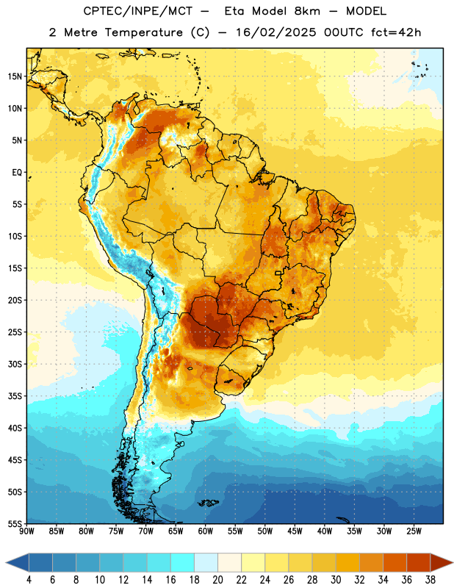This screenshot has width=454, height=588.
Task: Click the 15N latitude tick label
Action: click(15, 76)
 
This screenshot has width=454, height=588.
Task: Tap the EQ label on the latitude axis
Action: click(17, 173)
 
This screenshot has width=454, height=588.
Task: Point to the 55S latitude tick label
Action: click(15, 523)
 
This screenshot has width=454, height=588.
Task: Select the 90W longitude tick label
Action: click(26, 531)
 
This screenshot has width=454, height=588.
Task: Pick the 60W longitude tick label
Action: click(206, 531)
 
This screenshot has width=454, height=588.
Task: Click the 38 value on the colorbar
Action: click(430, 580)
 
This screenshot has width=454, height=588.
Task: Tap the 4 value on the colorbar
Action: click(29, 580)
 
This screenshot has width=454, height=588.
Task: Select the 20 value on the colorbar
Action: click(217, 580)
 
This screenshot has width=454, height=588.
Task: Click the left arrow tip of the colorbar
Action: click(6, 563)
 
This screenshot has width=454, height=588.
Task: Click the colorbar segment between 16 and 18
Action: click(183, 563)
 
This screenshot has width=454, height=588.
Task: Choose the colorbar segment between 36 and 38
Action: click(419, 563)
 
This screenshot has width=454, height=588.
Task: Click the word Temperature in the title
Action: click(143, 32)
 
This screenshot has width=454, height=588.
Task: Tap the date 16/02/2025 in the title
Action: click(275, 32)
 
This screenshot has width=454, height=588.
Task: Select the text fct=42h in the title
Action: click(396, 32)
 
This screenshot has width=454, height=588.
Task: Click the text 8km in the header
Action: click(307, 11)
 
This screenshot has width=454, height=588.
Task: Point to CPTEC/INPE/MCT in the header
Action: click(138, 11)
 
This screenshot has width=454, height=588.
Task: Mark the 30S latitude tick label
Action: click(15, 364)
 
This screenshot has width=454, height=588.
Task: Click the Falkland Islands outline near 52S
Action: click(208, 503)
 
